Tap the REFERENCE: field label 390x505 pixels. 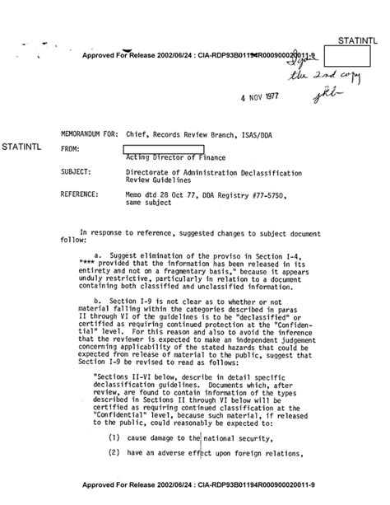(x=85, y=194)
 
